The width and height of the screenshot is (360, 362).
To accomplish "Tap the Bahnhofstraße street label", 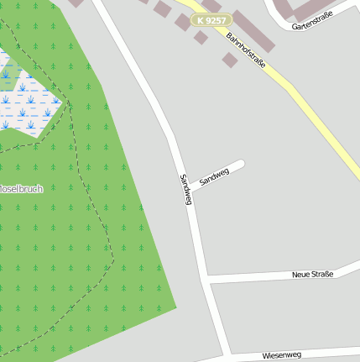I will (246, 51).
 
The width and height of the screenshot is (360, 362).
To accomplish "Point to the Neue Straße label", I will (312, 275).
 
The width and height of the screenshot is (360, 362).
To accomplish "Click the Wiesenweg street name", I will (281, 354).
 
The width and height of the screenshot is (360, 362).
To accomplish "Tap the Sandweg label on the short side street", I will (214, 176).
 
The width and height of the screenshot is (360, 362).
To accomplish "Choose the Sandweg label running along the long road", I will (185, 189).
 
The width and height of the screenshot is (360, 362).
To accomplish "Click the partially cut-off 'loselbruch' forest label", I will (21, 188).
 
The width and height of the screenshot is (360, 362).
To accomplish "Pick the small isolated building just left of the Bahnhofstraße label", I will (229, 60).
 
